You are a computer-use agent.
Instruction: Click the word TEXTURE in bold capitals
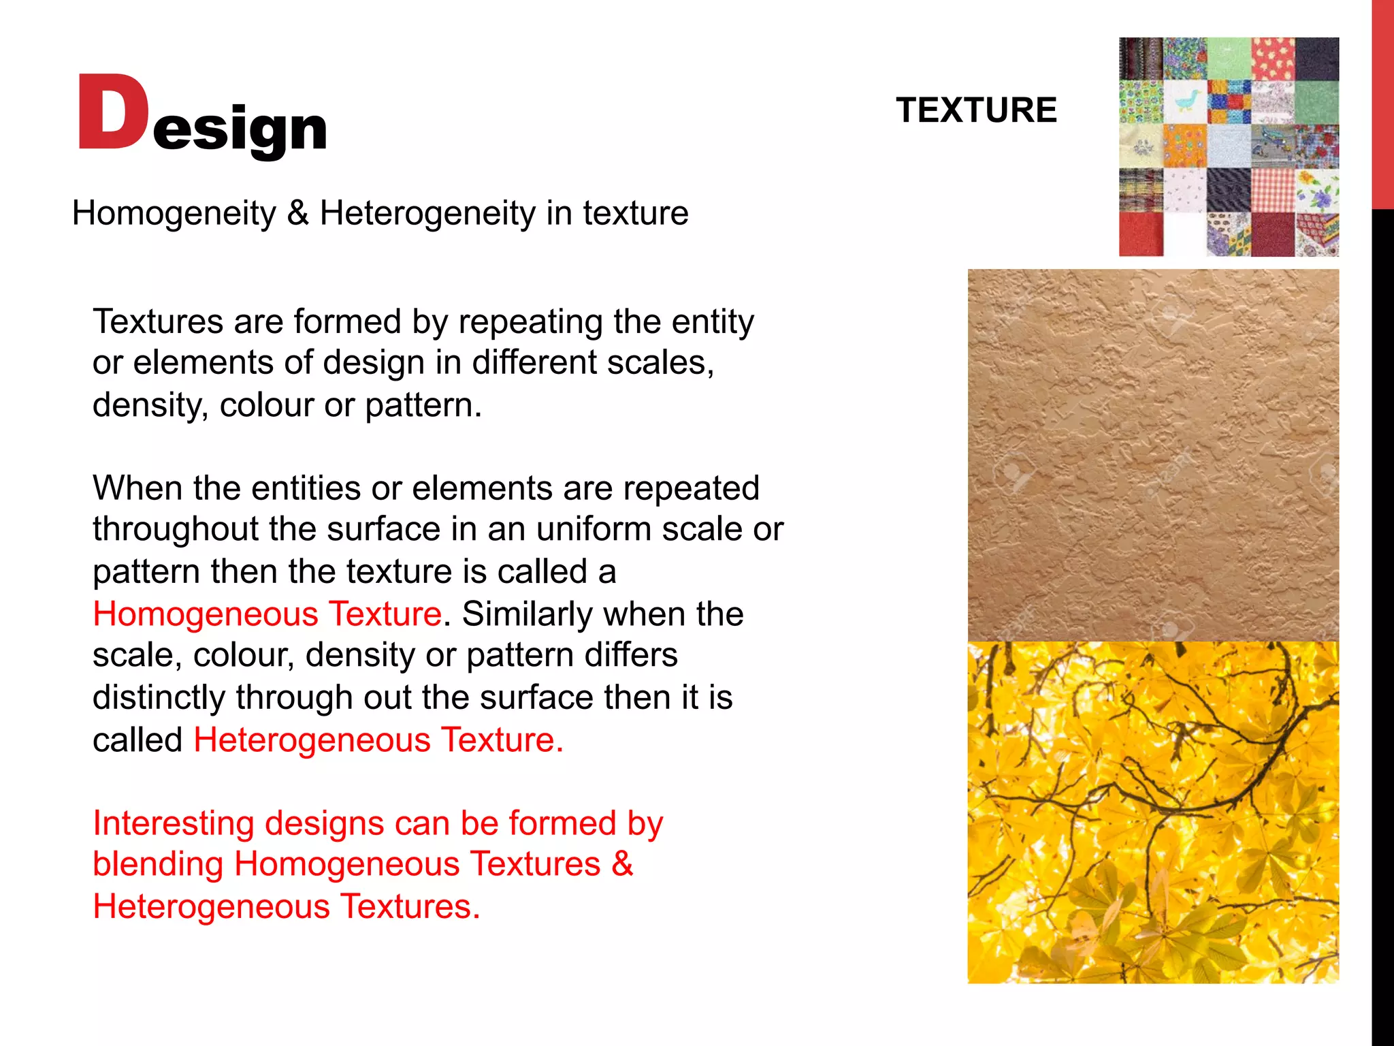(976, 110)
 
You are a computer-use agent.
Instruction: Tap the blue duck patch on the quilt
(1185, 102)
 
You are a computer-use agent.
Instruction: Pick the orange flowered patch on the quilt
(1185, 146)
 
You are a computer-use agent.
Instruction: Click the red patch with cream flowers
(1272, 59)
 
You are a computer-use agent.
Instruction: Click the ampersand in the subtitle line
(297, 212)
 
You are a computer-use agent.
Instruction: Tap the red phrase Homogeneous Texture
(267, 614)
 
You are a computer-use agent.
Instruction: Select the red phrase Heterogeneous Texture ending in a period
(378, 740)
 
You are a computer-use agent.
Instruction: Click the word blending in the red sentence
(158, 865)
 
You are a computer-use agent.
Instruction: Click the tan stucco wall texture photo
(1153, 454)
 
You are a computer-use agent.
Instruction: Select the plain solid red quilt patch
(1141, 234)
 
